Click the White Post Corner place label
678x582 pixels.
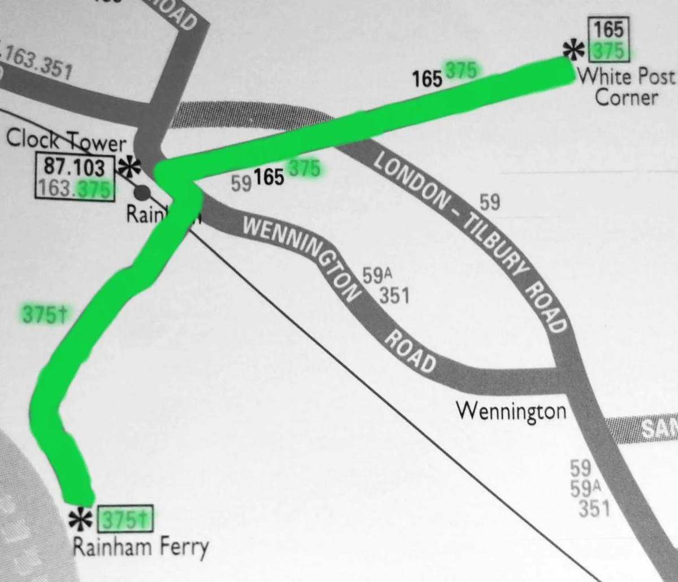tap(626, 86)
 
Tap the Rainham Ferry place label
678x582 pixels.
tap(141, 547)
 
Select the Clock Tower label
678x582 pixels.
tap(66, 141)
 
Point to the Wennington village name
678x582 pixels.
tap(511, 410)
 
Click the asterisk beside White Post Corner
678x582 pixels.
tap(574, 50)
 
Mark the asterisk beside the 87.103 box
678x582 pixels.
tap(130, 168)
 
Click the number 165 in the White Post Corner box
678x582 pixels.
tap(609, 29)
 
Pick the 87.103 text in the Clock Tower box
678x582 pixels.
tap(75, 167)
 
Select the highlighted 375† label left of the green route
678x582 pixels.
tap(44, 315)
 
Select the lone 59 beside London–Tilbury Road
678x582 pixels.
tap(489, 202)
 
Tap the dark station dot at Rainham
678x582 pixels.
tap(142, 193)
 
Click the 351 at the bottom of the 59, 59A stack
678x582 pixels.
tap(594, 509)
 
